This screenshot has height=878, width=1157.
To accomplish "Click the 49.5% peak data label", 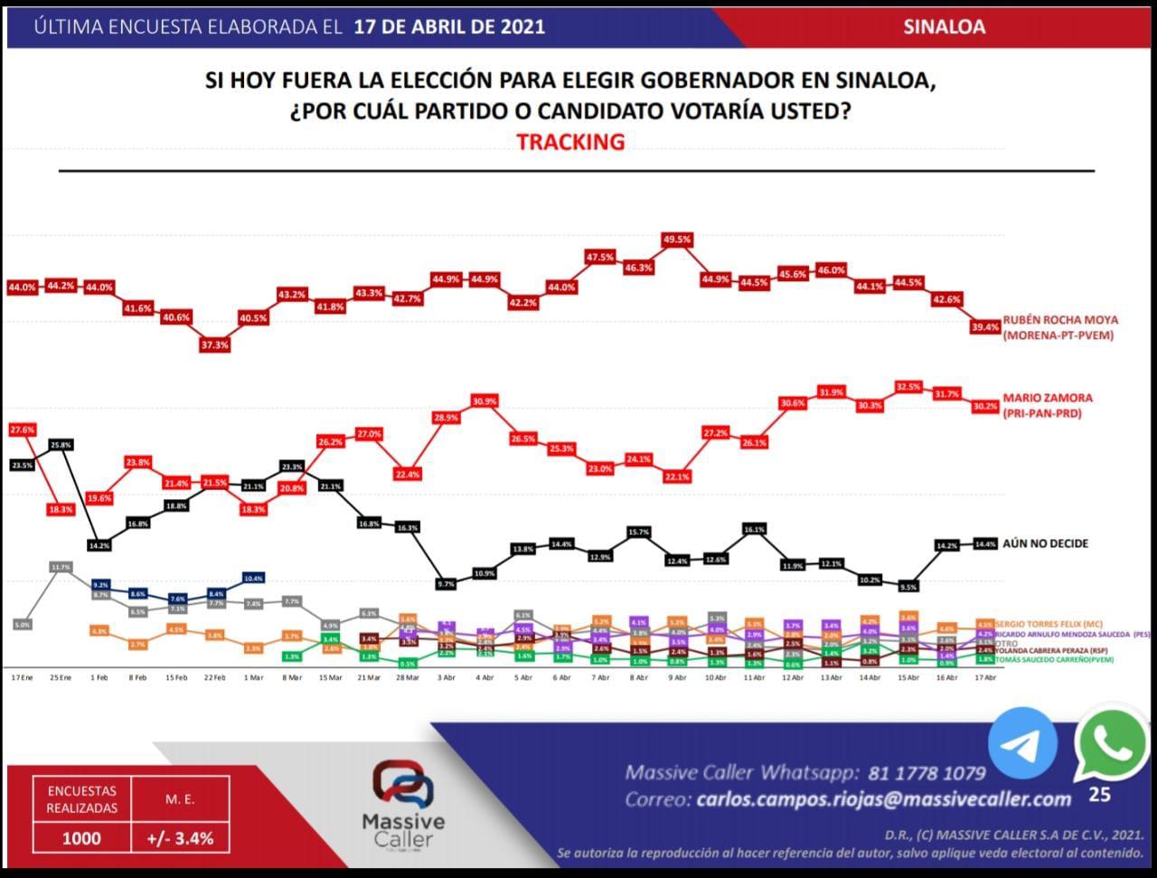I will [677, 240].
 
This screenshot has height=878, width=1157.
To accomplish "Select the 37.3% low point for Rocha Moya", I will [214, 345].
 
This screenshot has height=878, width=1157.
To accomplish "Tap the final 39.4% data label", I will [985, 327].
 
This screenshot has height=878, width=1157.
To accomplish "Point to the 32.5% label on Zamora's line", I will [908, 386].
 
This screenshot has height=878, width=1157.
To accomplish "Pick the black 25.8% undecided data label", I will [60, 445].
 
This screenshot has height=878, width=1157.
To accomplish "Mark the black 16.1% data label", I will [755, 529].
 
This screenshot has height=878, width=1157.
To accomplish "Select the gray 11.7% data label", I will [61, 567].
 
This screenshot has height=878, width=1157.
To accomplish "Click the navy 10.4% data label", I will [253, 577].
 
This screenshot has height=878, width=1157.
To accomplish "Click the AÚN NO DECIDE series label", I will [1045, 543].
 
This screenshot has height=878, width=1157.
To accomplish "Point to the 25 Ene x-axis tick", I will [60, 677].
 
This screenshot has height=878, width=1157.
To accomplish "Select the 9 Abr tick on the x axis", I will [677, 677].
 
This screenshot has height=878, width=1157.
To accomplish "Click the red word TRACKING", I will [570, 142].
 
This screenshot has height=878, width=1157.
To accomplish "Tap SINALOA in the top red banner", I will [944, 27].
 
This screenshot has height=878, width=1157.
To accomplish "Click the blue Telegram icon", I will [1022, 742].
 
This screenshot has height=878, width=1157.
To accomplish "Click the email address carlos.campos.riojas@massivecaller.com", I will [884, 799].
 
